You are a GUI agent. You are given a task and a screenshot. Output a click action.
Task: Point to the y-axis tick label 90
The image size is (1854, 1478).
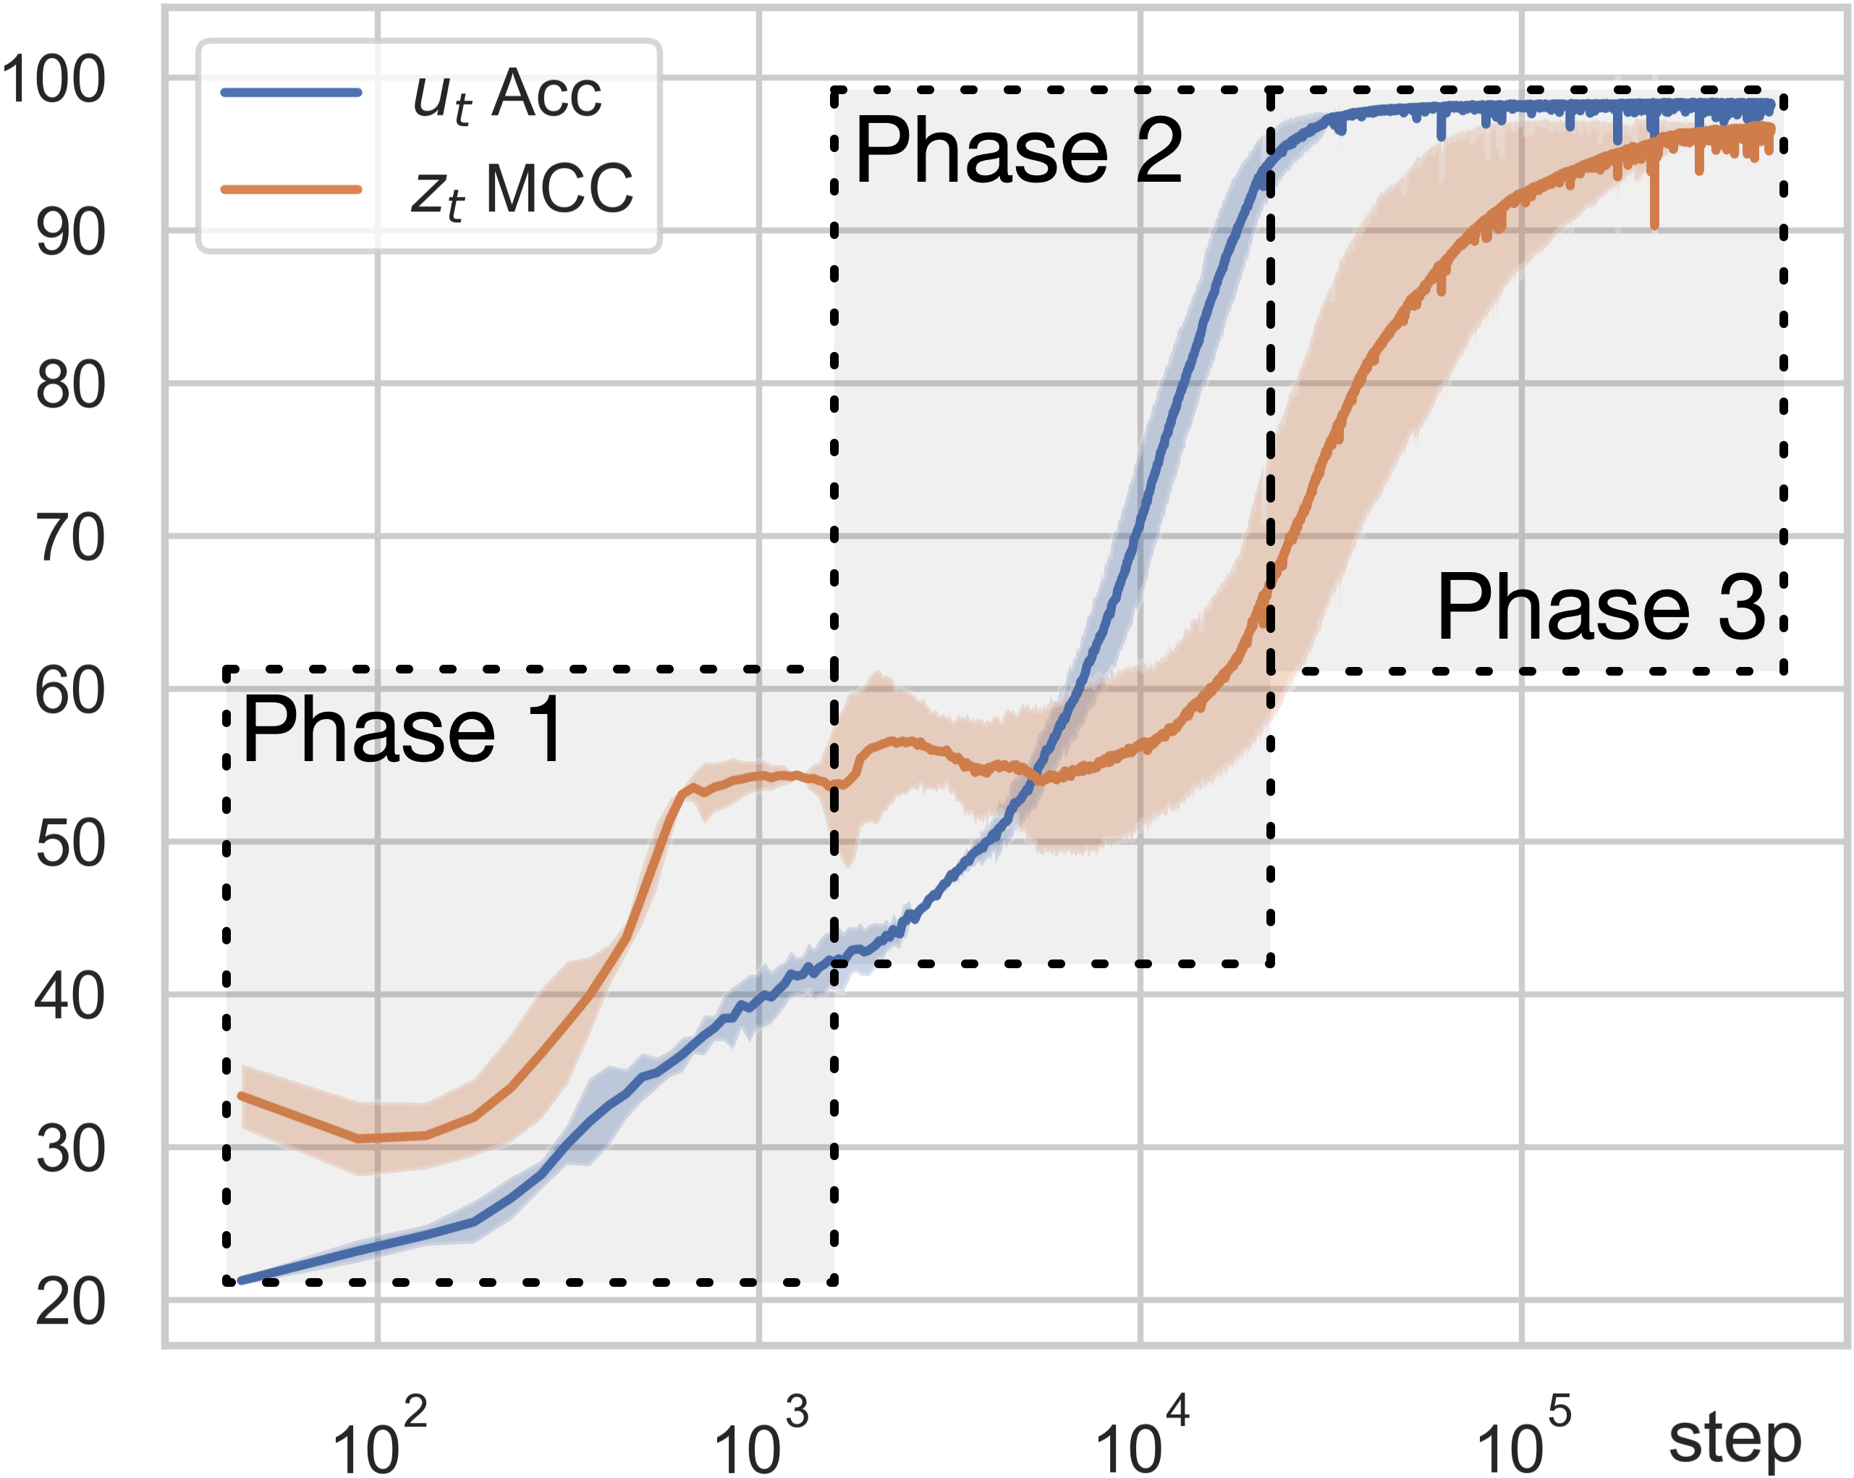coord(70,233)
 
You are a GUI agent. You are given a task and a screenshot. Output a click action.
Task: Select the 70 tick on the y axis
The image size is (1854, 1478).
coord(70,539)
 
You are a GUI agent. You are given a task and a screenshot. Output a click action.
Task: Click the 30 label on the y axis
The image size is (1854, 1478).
coord(70,1150)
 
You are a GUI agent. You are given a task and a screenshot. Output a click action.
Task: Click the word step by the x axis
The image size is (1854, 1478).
coord(1735,1438)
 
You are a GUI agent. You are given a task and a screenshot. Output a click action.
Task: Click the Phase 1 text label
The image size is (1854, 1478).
coord(402,731)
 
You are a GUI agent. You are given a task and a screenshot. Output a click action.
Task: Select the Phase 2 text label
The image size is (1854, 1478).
coord(1018,151)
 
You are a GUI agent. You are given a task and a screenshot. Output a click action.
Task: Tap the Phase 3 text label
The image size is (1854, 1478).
coord(1600,608)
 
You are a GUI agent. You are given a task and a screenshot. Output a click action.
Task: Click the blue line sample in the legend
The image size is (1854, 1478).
coord(291,92)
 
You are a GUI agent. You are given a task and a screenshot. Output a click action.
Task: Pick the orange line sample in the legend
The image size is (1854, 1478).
coord(291,189)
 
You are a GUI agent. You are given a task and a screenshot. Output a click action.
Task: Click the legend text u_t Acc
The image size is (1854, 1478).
coord(507,95)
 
